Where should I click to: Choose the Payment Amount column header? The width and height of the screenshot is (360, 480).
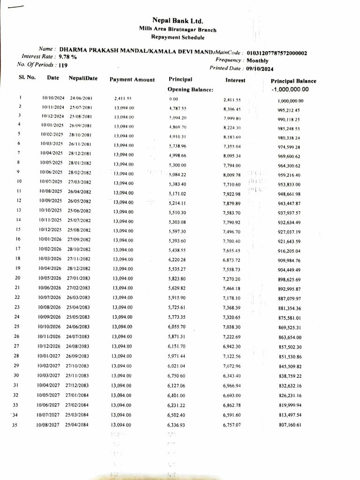click(x=132, y=80)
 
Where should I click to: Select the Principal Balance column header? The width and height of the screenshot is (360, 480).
click(x=293, y=81)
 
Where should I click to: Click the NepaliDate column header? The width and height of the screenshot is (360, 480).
click(x=83, y=78)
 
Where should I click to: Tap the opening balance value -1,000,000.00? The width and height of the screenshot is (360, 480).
click(x=290, y=90)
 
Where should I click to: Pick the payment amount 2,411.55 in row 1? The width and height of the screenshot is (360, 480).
click(x=123, y=99)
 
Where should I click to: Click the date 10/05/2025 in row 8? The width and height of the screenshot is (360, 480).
click(x=52, y=164)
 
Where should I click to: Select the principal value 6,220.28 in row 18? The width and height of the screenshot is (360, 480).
click(x=177, y=260)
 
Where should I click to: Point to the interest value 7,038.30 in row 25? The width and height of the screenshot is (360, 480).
click(x=232, y=327)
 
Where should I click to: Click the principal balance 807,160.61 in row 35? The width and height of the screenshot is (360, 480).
click(x=289, y=425)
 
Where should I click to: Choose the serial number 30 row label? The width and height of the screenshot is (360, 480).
click(x=16, y=375)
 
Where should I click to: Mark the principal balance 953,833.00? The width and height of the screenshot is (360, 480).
click(x=289, y=184)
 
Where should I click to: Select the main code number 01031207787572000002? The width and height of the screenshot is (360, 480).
click(x=277, y=53)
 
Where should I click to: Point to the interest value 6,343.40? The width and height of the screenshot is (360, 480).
click(x=232, y=376)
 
